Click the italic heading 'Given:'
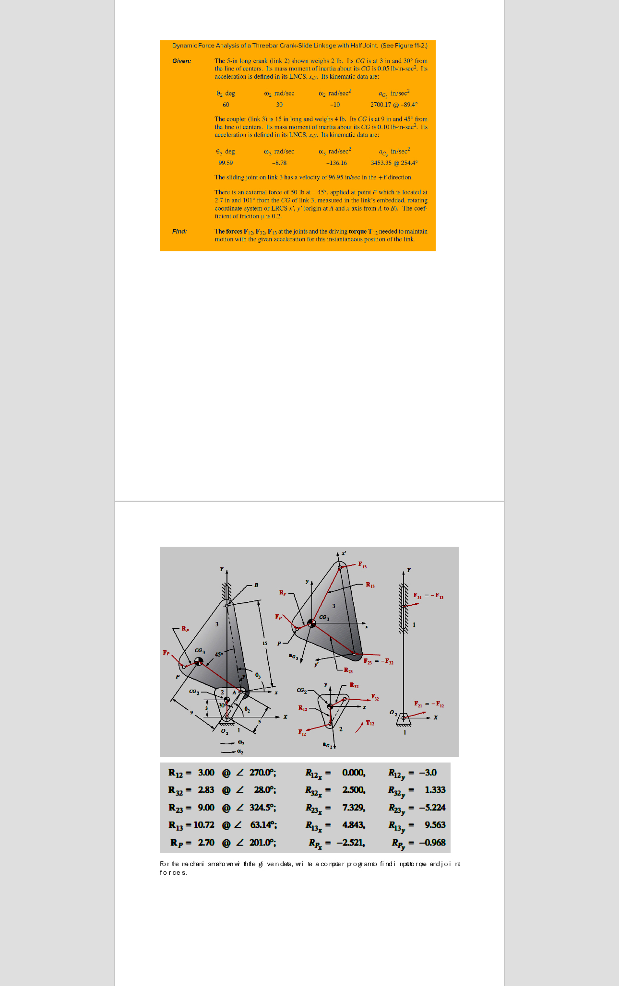coord(181,61)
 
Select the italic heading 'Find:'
coord(179,231)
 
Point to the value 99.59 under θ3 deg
coord(226,163)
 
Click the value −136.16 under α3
coord(336,163)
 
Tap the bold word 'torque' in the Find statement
coord(357,231)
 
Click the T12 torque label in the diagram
coord(370,723)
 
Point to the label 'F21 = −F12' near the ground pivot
coord(429,704)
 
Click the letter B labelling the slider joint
coord(256,585)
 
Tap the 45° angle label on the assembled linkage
coord(219,654)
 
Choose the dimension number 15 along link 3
coord(264,643)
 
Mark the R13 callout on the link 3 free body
coord(370,585)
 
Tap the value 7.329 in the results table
coord(354,808)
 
